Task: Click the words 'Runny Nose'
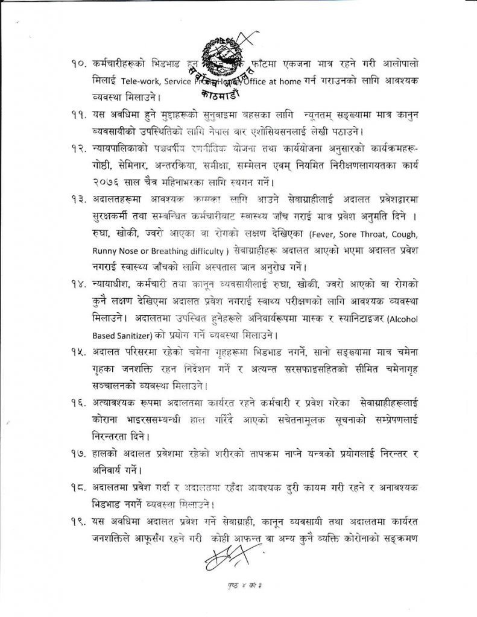click(x=115, y=249)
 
